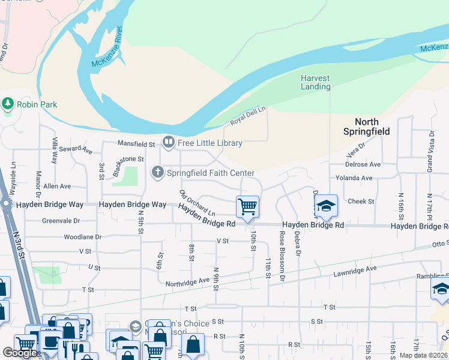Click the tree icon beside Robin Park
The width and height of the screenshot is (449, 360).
[x=8, y=104]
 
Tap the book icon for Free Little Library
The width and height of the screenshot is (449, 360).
[x=169, y=143]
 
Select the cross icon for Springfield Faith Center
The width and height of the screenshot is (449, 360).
[x=158, y=173]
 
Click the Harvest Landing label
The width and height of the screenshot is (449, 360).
[x=316, y=82]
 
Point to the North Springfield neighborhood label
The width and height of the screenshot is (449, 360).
[x=366, y=127]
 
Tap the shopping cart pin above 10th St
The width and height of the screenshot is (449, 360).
[x=247, y=208]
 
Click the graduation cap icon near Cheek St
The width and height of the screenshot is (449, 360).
[x=325, y=206]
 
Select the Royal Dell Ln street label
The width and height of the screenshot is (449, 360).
[x=248, y=116]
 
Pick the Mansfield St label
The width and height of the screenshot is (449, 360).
[x=136, y=144]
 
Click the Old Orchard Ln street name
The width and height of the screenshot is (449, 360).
[x=197, y=203]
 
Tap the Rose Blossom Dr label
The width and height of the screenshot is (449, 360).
[x=282, y=257]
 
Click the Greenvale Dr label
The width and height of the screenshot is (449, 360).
[x=61, y=220]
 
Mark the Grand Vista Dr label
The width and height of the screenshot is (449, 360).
[x=430, y=153]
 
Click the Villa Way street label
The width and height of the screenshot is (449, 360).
[x=55, y=151]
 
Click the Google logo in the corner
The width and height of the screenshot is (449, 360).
[x=20, y=353]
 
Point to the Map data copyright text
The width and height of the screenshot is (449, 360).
[x=423, y=355]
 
